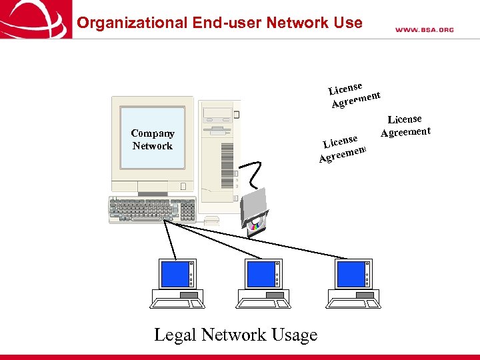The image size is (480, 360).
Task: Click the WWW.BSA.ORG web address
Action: coord(424,29)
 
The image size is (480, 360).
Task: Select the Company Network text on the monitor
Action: coord(153,139)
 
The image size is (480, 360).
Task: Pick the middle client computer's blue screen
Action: coord(261,274)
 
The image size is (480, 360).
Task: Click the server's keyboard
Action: coord(152,209)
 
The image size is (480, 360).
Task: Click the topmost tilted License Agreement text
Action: coord(355,94)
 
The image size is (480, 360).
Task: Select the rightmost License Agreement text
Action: coord(405,125)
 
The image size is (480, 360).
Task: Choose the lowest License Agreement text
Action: coord(343,148)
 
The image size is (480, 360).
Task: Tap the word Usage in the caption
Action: coord(291,335)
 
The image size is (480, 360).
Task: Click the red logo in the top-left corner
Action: coord(35,19)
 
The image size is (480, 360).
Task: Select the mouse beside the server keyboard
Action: coord(211,219)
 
